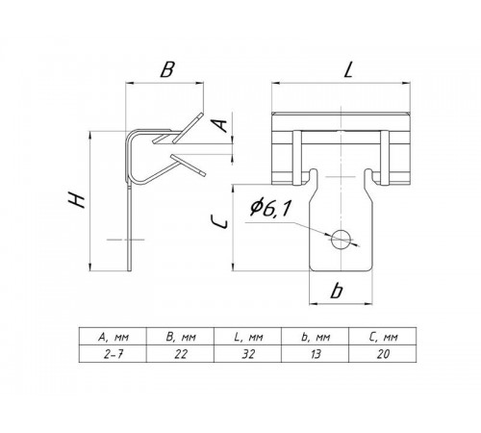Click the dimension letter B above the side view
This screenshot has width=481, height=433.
tap(167, 69)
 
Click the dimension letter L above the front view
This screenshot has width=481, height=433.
tap(348, 69)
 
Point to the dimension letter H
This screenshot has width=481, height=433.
tap(77, 199)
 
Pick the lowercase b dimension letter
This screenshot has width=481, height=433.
tap(337, 291)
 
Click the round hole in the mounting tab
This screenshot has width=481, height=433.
tap(341, 239)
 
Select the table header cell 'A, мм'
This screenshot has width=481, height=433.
tap(113, 337)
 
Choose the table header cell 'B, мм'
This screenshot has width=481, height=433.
tap(180, 337)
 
